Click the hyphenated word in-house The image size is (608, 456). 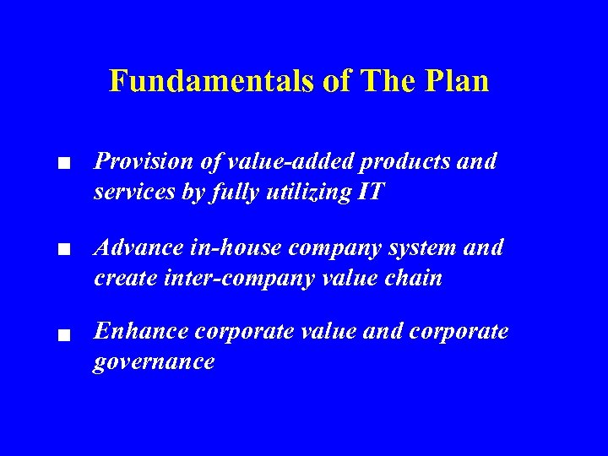point(236,248)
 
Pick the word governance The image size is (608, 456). point(155,363)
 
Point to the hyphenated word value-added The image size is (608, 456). point(274,161)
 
